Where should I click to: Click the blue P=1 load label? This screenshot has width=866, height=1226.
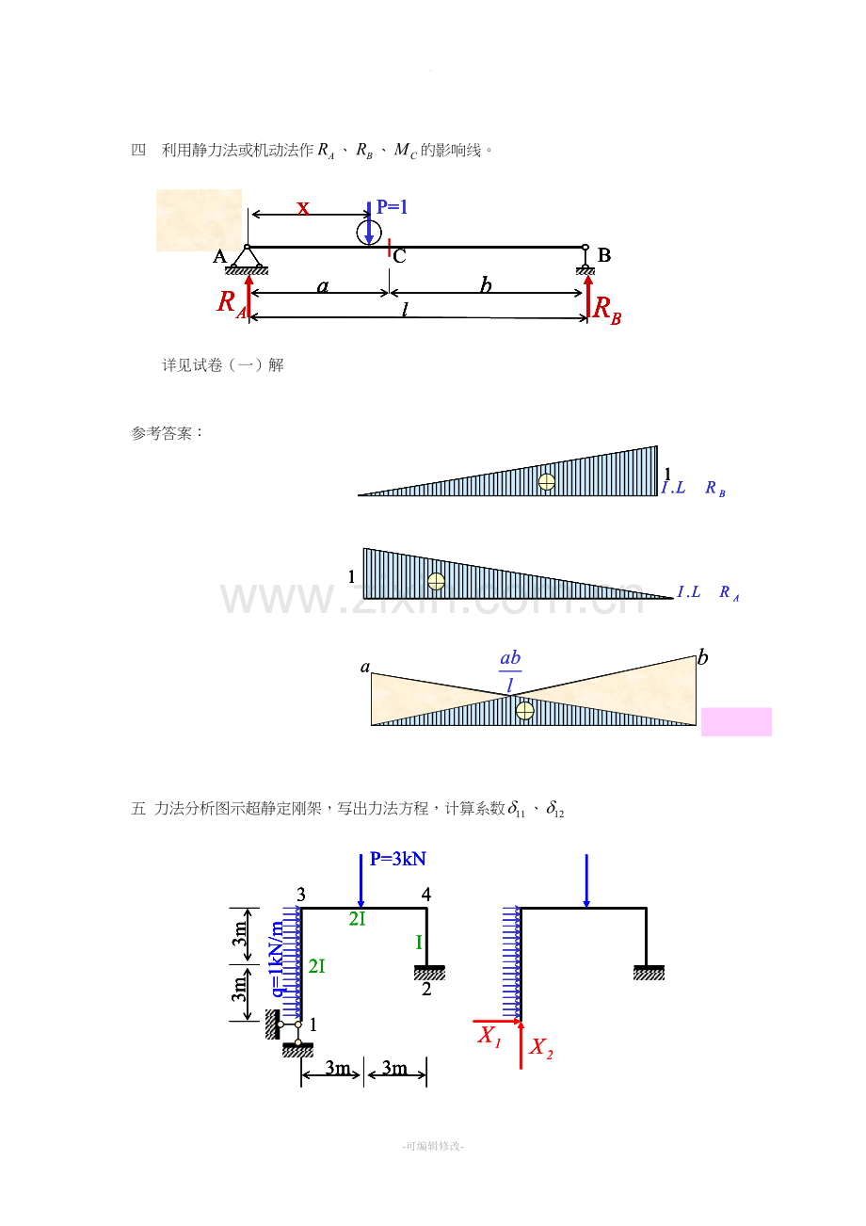point(392,207)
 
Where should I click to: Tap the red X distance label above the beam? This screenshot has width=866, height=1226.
point(303,208)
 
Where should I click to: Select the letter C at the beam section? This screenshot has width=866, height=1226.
point(399,256)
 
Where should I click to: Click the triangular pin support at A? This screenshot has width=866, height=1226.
point(247,260)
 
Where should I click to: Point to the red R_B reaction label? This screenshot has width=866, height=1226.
point(607,310)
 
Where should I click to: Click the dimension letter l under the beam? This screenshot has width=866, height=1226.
point(405,310)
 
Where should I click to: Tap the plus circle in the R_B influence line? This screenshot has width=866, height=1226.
point(547,482)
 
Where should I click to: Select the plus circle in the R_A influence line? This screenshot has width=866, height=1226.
point(436,581)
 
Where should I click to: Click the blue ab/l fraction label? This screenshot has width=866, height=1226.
point(510,671)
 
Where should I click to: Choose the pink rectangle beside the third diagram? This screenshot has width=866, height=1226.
point(736,721)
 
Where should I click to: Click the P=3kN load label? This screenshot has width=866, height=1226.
point(398,859)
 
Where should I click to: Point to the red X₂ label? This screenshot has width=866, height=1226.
point(540,1047)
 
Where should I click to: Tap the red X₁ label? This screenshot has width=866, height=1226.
point(489,1036)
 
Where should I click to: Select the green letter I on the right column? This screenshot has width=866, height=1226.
point(419,942)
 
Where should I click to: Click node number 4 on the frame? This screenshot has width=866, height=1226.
point(426,895)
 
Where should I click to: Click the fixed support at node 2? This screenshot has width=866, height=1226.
point(429,973)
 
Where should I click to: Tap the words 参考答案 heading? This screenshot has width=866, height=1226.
point(161,433)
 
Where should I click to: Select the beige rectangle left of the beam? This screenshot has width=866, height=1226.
point(200,220)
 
